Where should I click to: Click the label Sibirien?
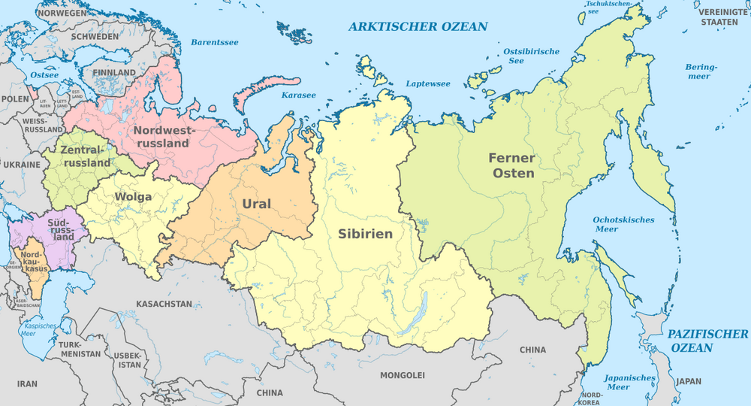(x=365, y=234)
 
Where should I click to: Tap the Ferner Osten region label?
(x=511, y=165)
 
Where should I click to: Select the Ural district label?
(x=256, y=204)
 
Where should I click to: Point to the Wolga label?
(x=133, y=197)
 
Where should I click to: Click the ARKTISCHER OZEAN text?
(x=418, y=27)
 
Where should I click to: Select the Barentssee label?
(x=214, y=43)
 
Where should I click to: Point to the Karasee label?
(x=298, y=95)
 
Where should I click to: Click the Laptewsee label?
(x=427, y=84)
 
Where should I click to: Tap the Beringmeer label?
(x=701, y=71)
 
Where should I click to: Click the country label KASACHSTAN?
(x=164, y=304)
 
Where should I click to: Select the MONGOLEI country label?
(x=403, y=374)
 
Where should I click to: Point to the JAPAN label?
(x=688, y=382)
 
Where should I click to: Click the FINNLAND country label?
(x=114, y=73)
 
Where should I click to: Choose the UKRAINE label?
(x=21, y=164)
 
